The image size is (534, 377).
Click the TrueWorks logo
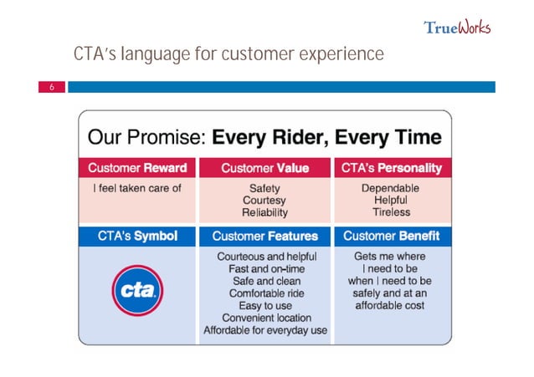click(457, 27)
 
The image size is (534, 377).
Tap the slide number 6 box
click(51, 86)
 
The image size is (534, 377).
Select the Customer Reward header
click(137, 168)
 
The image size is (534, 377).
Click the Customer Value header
click(264, 168)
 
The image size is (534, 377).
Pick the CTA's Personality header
click(391, 168)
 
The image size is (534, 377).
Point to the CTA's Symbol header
click(137, 237)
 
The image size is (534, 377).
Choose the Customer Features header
click(264, 237)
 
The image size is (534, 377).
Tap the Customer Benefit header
click(391, 237)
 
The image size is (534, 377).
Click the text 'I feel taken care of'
click(137, 188)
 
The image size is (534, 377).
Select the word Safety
click(264, 188)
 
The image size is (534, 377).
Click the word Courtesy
click(264, 201)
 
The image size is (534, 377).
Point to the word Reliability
click(264, 213)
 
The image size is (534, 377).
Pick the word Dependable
click(391, 188)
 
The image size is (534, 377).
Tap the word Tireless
click(391, 213)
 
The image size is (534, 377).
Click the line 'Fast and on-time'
click(264, 269)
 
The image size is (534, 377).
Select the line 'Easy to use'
click(264, 306)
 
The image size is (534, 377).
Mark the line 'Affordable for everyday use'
click(264, 330)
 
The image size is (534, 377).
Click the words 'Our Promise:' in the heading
click(146, 136)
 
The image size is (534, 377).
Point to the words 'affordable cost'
click(391, 306)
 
